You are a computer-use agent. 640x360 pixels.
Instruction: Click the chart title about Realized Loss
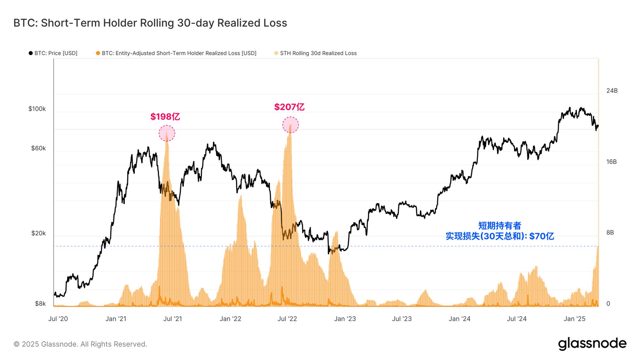[150, 23]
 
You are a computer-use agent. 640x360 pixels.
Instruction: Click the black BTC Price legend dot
[31, 53]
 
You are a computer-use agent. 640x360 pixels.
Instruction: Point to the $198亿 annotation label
[165, 116]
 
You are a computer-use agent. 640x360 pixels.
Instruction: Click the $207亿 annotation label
[289, 107]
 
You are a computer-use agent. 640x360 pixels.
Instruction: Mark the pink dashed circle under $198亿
[167, 133]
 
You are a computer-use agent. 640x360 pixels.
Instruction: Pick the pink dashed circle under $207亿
[290, 125]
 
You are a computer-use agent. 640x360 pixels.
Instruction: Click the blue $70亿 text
[500, 236]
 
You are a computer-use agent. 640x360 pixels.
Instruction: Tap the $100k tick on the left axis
[37, 109]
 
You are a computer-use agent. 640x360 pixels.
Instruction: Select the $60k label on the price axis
[38, 148]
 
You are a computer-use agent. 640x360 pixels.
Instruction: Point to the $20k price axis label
[38, 233]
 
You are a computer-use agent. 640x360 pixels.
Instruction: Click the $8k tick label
[40, 304]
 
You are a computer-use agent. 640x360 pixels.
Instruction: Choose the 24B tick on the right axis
[612, 91]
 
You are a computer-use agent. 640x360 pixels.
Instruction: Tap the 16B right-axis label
[611, 162]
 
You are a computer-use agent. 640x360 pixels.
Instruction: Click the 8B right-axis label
[610, 233]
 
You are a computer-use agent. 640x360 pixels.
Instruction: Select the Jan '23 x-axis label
[345, 319]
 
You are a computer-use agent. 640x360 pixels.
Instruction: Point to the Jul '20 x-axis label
[58, 319]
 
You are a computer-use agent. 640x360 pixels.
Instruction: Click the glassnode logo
[592, 344]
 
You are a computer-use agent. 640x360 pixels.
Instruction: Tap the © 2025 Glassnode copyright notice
[80, 344]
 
